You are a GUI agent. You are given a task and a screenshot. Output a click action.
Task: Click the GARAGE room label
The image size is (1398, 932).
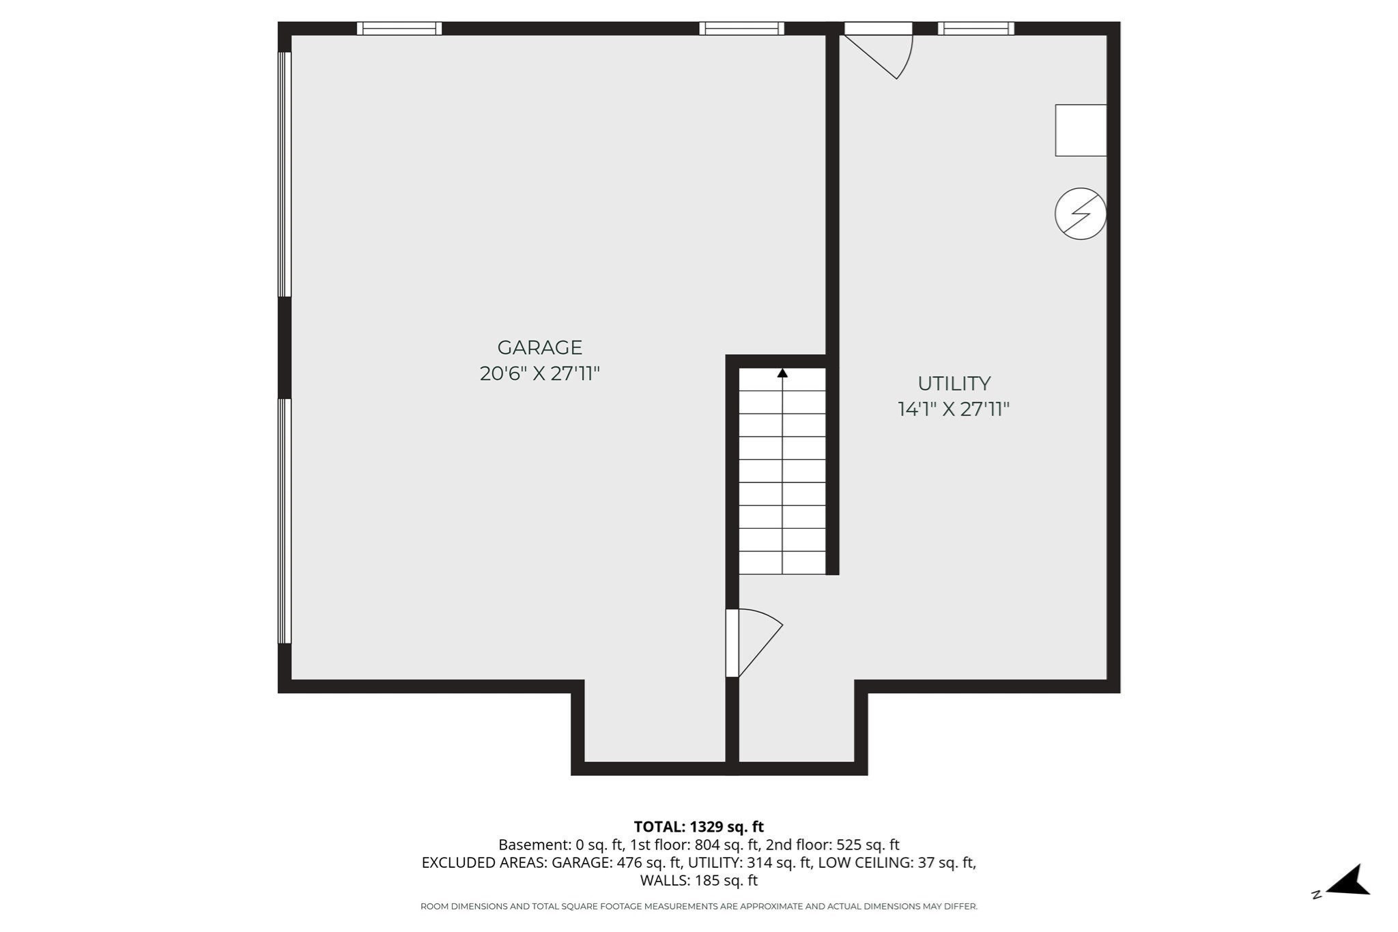[539, 347]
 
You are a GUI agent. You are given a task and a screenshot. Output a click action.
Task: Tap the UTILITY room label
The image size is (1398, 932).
[954, 383]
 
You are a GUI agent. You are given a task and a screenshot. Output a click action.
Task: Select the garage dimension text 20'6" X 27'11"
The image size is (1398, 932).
[539, 374]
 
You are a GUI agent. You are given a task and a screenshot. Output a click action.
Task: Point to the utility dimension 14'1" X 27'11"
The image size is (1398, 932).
[953, 409]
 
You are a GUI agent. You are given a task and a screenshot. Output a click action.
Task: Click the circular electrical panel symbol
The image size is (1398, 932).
[1080, 214]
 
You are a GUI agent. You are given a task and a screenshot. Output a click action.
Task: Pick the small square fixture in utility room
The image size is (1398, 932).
[1080, 130]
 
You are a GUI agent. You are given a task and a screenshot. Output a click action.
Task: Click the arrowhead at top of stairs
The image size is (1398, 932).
[782, 373]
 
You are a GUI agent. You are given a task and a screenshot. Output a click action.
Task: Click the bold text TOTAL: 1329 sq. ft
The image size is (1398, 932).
[698, 827]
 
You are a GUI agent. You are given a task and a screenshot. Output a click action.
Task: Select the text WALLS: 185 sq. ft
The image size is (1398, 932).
[698, 880]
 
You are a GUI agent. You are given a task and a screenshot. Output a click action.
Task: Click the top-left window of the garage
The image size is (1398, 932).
[399, 29]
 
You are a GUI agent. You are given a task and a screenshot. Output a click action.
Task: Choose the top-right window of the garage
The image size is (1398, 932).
[741, 29]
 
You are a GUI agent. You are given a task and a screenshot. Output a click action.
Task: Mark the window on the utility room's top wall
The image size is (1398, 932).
[975, 29]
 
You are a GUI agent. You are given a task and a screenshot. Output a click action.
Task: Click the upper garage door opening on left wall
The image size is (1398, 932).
[285, 175]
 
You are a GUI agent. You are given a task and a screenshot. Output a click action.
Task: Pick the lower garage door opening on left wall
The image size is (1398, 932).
[285, 521]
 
